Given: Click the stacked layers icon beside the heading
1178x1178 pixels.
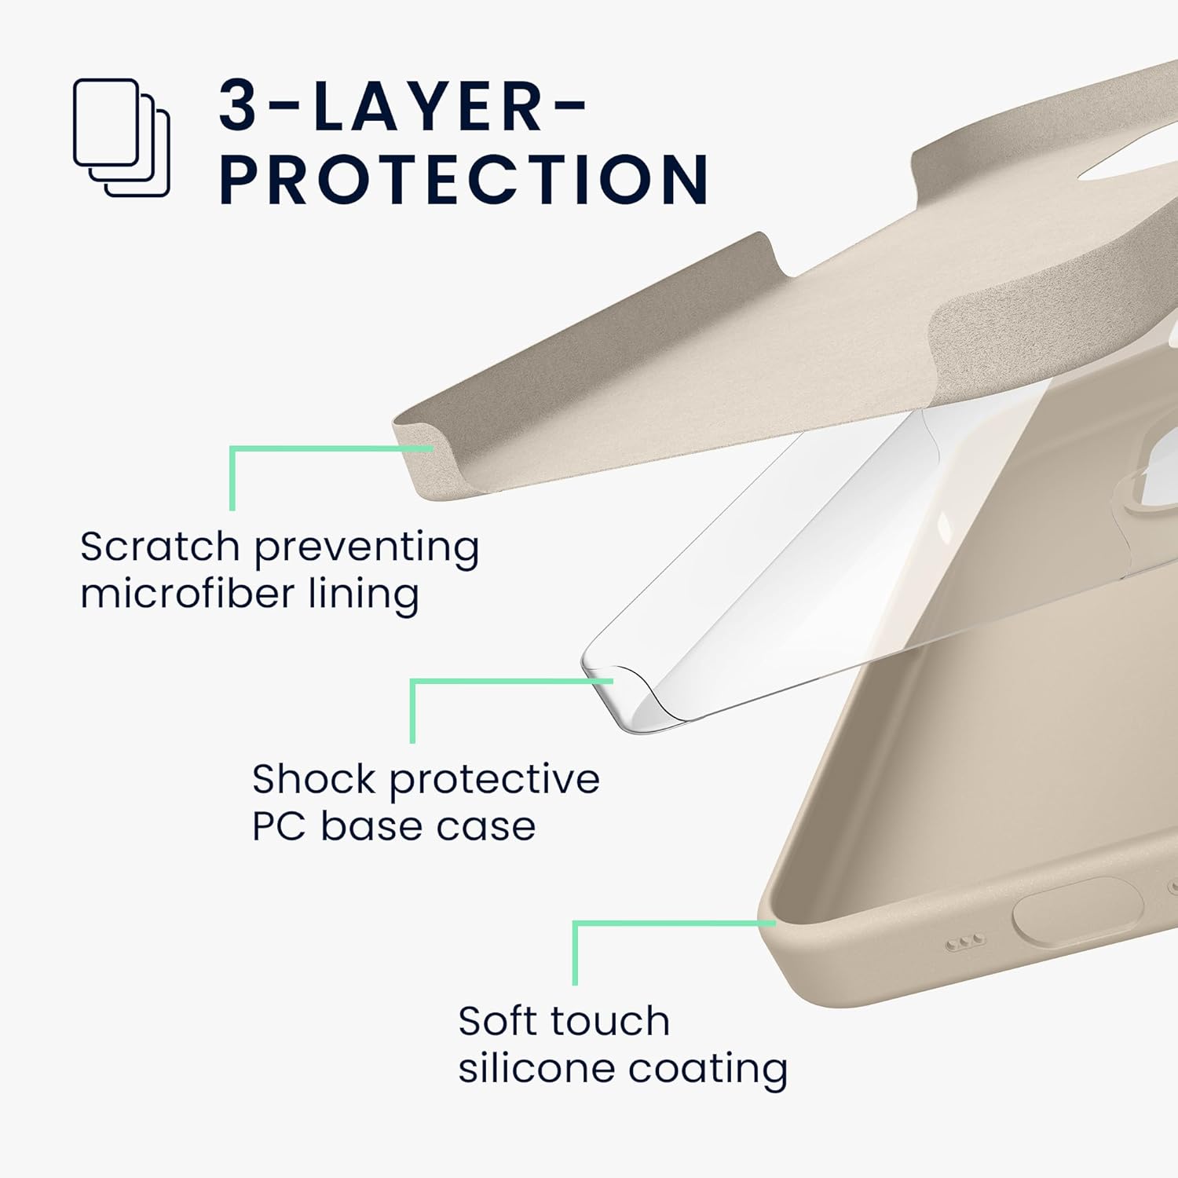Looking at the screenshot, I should pos(122,137).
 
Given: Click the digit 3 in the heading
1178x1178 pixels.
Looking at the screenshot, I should pos(239,105).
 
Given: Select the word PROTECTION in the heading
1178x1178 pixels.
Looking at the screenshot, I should pos(464,180).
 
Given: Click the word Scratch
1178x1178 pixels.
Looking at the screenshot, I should pos(159,547).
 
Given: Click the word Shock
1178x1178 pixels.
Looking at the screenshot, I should pos(314,779).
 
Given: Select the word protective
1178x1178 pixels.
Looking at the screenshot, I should pos(495,781).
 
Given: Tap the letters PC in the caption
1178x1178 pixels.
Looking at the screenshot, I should pos(279,826).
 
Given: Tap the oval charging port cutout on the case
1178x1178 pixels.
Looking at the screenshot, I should pos(1077,911).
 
